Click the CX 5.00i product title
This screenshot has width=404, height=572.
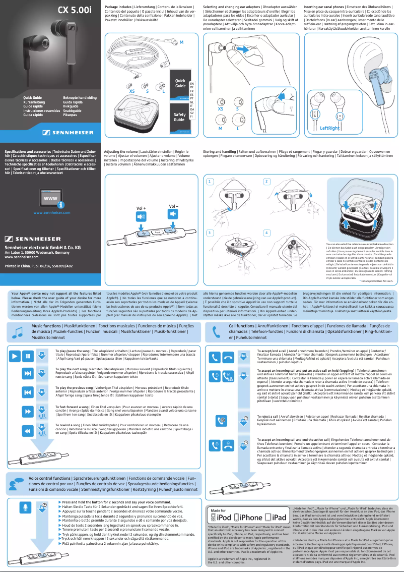coord(74,10)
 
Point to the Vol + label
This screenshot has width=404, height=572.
coord(142,208)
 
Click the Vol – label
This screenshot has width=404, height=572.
coord(174,206)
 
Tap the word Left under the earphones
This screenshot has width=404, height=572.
coord(325,128)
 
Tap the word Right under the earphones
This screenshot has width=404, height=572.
coord(334,128)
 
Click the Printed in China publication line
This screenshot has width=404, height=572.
coord(38,265)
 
